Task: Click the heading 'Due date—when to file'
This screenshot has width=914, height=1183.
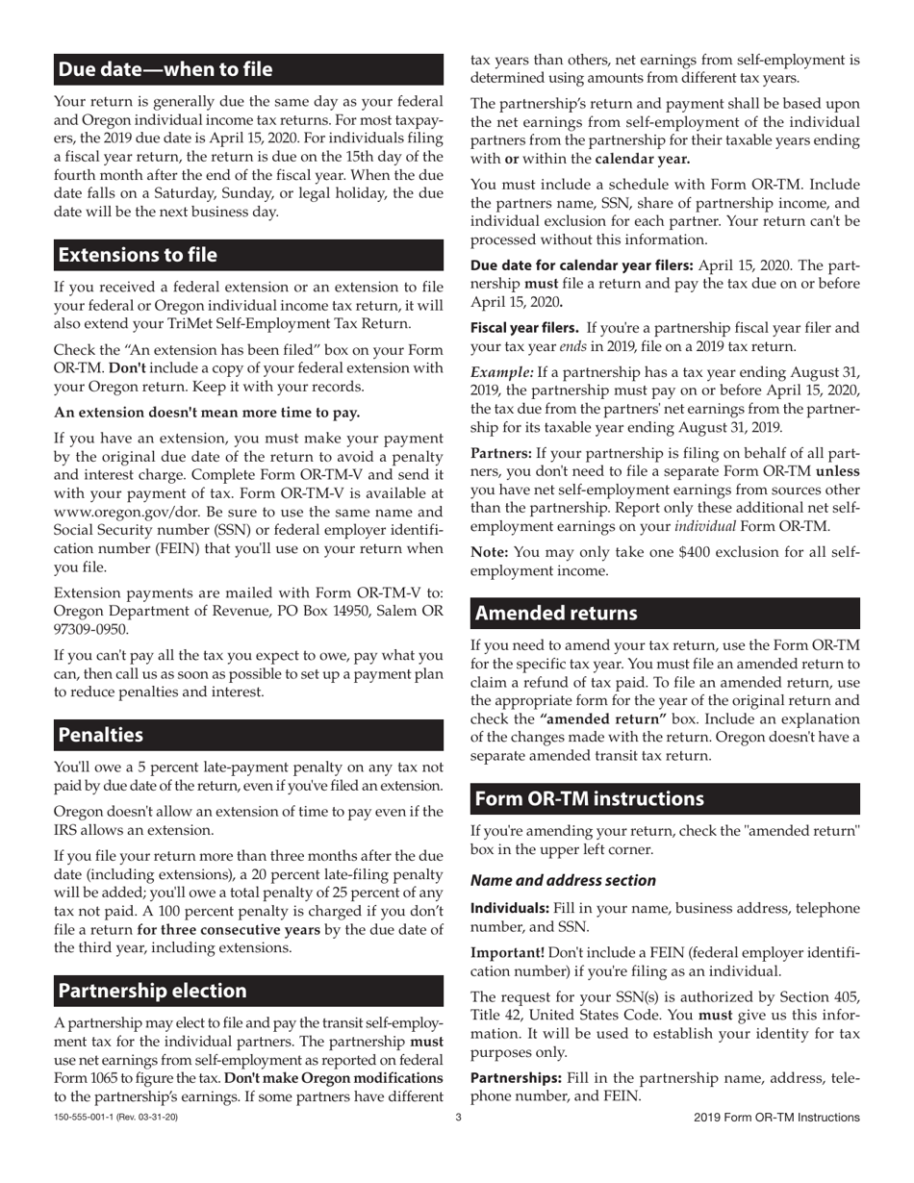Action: pos(165,69)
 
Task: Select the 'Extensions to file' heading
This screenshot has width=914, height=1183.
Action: pos(139,255)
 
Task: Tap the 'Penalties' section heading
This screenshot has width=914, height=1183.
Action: pos(101,735)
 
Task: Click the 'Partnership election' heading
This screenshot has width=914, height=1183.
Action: pos(153,991)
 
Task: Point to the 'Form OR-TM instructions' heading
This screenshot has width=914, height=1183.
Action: pos(590,799)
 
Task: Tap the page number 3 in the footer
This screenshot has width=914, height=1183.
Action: pos(458,1118)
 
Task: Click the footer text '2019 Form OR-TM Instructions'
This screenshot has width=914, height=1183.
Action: pos(775,1118)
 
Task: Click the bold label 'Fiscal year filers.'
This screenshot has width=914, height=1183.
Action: pos(524,329)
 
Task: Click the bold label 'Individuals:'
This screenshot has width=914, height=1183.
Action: pos(510,909)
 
